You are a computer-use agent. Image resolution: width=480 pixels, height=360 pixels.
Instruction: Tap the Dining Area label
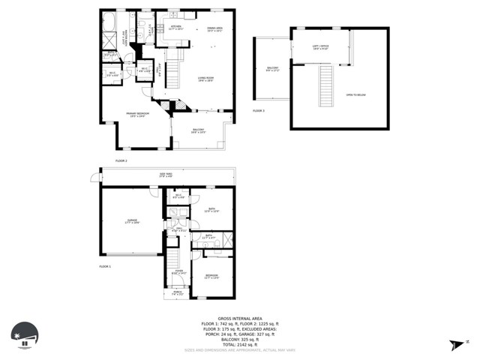(215, 29)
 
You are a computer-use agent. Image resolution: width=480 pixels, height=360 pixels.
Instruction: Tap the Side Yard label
(166, 175)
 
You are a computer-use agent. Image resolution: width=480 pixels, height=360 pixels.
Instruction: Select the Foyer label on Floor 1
(178, 272)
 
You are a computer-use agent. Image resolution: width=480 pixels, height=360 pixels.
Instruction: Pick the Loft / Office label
(320, 47)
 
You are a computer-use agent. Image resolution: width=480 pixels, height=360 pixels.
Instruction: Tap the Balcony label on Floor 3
(273, 69)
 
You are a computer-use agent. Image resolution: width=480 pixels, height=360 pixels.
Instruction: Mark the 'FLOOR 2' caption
(121, 160)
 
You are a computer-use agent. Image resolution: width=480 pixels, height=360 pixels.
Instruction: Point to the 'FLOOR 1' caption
(106, 267)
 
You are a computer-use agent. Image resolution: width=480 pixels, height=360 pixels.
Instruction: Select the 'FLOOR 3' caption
(259, 111)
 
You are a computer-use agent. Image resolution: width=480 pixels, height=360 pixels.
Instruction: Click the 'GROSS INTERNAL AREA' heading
(239, 319)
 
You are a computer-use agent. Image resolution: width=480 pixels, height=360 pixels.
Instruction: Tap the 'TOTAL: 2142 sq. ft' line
(239, 344)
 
